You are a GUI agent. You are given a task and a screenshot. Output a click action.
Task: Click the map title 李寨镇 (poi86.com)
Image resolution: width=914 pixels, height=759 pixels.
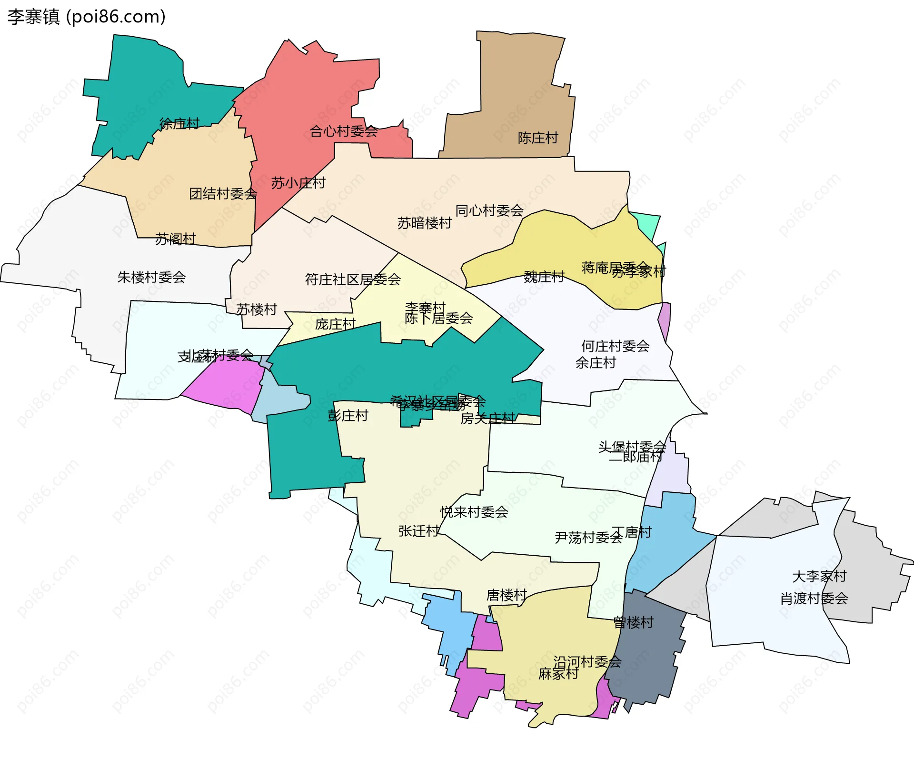coord(86,17)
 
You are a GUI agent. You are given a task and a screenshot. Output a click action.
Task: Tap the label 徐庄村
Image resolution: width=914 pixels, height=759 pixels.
coord(179,124)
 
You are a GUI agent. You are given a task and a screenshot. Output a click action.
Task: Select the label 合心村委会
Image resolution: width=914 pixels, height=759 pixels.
coord(343,131)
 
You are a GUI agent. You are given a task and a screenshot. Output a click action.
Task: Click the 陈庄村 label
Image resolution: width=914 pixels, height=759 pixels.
coord(538,138)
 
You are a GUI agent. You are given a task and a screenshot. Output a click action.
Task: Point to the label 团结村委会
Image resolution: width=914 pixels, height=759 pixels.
coord(223,194)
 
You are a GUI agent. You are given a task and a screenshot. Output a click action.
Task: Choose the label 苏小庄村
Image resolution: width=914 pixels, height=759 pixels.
coord(298,183)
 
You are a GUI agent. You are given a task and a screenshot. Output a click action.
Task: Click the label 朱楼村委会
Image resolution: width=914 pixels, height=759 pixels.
coord(151,277)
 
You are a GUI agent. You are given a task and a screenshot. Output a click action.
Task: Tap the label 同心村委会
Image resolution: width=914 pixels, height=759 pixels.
coord(489,210)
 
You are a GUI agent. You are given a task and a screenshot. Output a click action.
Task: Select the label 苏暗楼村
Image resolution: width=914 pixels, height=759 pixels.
coord(424,223)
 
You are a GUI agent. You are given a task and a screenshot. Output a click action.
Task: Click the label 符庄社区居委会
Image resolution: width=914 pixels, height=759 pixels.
coord(353,280)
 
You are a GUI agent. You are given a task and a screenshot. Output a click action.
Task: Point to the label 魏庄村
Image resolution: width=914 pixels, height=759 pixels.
coord(544,277)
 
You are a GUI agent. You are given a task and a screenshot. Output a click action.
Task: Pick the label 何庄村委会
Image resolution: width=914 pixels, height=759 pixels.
coord(615,346)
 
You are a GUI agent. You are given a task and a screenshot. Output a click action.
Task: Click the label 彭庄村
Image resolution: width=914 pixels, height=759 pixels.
coord(348,416)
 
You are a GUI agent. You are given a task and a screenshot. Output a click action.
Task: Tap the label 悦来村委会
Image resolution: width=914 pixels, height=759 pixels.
coord(474,512)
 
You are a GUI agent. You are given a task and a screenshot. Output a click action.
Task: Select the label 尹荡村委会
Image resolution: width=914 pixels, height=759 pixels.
coord(588,538)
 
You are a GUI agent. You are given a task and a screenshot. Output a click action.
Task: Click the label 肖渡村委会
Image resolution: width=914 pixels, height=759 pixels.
coord(814,599)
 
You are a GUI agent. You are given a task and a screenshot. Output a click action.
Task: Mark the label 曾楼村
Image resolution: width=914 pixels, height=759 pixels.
coord(633,622)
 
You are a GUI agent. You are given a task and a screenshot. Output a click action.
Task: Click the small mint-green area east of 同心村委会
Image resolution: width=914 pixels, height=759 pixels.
coord(647,224)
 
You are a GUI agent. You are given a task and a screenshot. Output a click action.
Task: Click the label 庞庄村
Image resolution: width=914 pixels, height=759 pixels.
coord(335,324)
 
